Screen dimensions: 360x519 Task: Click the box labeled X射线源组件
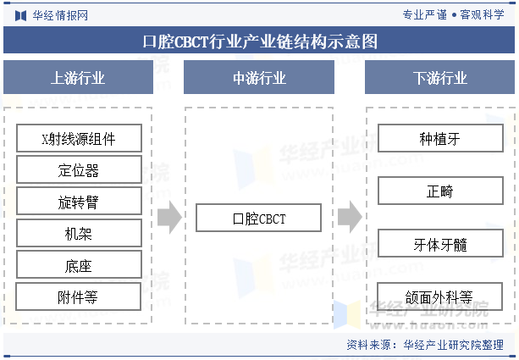click(x=79, y=139)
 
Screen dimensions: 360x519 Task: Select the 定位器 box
click(x=79, y=170)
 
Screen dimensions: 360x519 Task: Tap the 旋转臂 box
click(x=79, y=202)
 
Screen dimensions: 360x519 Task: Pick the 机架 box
click(x=79, y=234)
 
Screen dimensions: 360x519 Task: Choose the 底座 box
click(x=79, y=265)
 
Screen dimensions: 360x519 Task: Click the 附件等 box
click(x=79, y=296)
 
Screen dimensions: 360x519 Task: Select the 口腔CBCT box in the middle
click(x=259, y=219)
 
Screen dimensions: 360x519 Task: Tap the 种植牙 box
click(x=439, y=139)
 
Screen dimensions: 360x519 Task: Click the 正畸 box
click(x=439, y=191)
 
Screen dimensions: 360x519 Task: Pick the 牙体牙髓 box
click(x=439, y=244)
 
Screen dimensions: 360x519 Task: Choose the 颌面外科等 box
click(x=439, y=296)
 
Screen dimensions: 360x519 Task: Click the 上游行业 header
click(x=79, y=78)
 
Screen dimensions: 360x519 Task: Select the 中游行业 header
click(x=259, y=78)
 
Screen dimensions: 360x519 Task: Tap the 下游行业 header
click(x=439, y=78)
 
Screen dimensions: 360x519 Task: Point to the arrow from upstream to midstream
click(x=169, y=218)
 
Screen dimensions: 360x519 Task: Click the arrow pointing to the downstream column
click(x=349, y=218)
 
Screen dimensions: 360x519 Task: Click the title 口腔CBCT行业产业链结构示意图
click(x=259, y=41)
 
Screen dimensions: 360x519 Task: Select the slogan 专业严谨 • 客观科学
click(x=453, y=14)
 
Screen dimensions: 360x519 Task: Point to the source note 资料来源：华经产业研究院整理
click(x=429, y=345)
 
